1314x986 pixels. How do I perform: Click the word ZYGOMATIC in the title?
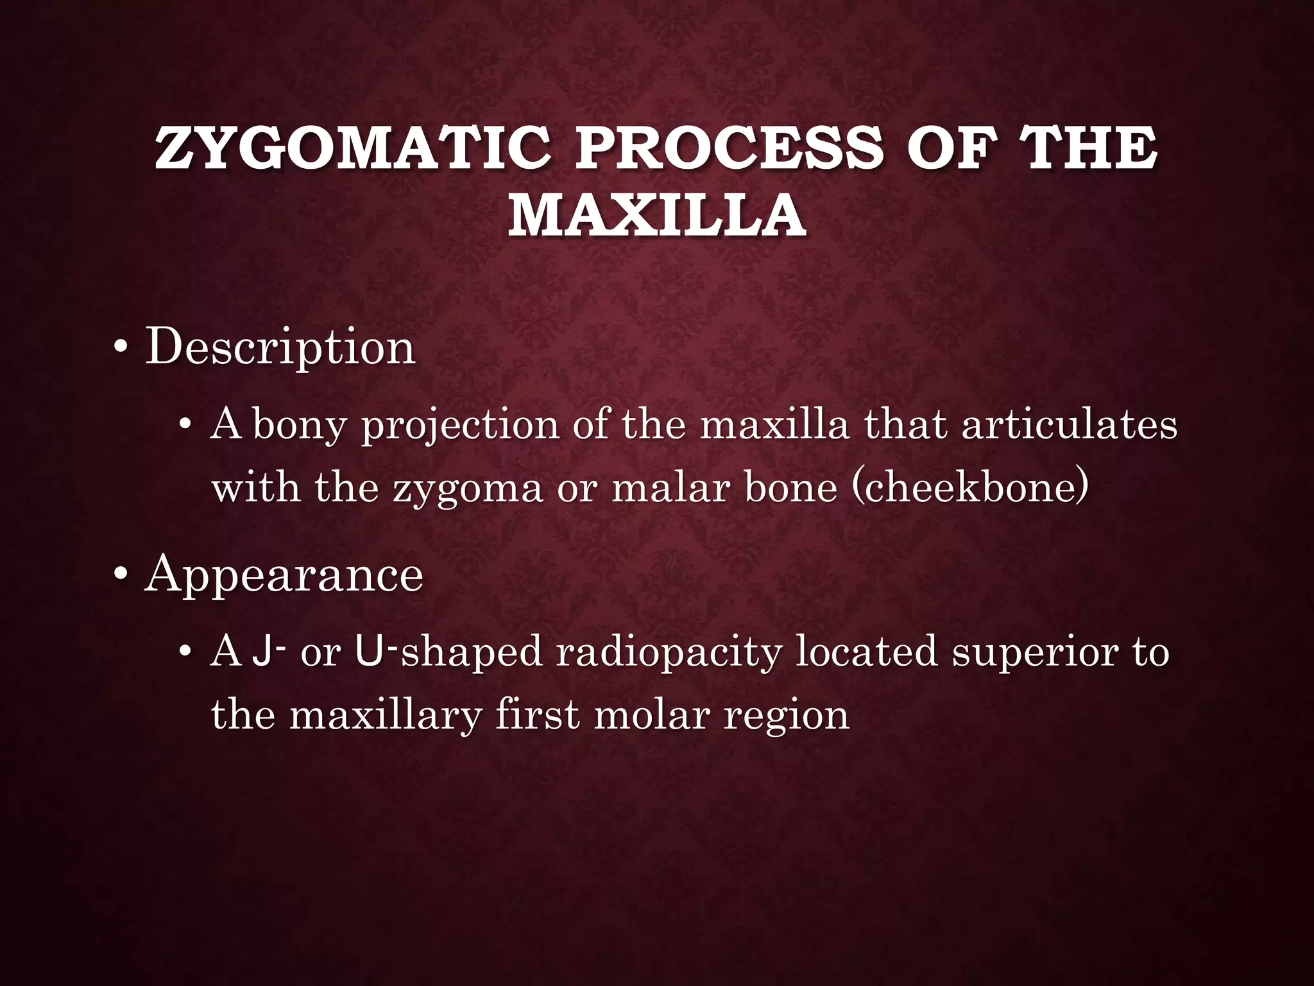(352, 148)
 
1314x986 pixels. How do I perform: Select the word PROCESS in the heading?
(728, 148)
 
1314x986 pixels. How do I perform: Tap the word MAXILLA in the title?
(656, 214)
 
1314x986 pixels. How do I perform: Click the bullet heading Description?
(280, 347)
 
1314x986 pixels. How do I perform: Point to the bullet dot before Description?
(120, 349)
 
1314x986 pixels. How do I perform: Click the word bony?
(300, 426)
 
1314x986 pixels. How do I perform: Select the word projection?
(460, 426)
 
